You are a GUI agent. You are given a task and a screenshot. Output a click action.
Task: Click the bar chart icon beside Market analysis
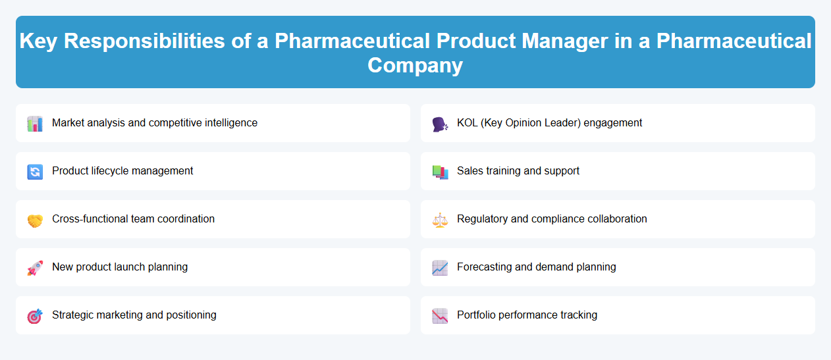[x=35, y=124]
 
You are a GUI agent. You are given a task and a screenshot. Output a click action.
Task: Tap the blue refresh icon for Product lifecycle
[x=35, y=172]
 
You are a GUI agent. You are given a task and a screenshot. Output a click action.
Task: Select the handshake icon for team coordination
[x=35, y=220]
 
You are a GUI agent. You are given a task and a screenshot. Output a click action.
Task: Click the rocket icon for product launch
[x=35, y=268]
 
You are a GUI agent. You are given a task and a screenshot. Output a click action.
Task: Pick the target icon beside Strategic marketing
[x=35, y=316]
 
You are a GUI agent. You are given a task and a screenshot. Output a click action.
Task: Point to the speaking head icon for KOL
[x=440, y=124]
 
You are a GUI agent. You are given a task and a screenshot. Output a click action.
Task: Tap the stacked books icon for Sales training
[x=440, y=172]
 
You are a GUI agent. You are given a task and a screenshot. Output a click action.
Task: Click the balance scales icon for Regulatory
[x=440, y=220]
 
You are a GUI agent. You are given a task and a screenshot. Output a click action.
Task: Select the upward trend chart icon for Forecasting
[x=440, y=268]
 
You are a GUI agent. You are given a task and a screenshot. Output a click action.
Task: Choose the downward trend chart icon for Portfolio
[x=440, y=316]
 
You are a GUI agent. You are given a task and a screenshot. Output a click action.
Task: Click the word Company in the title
[x=415, y=65]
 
